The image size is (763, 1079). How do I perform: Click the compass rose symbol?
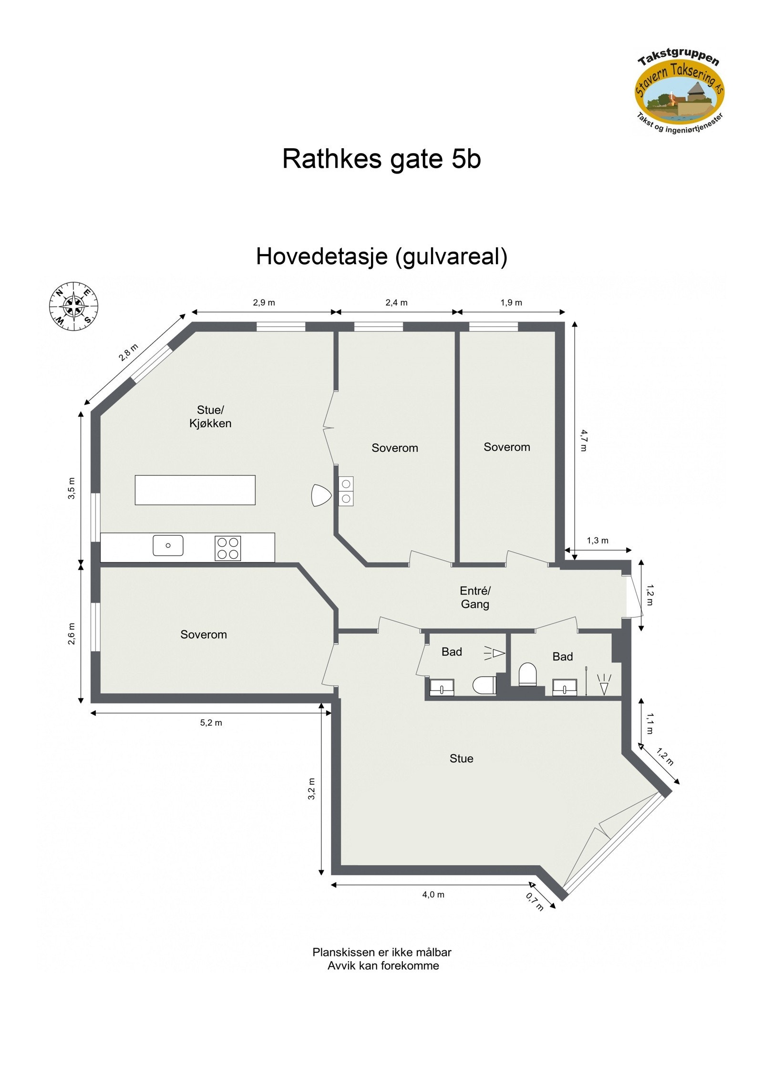pos(74,306)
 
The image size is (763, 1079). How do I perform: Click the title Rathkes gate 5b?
pos(381,159)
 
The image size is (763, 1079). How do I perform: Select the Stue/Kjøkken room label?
pos(210,416)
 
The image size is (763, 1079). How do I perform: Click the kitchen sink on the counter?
pos(168,545)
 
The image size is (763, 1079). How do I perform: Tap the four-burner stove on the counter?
pos(227,548)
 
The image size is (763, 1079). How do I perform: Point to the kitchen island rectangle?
pos(195,490)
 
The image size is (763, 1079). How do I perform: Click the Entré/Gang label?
pos(475,597)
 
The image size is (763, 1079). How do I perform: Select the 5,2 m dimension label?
pos(211,723)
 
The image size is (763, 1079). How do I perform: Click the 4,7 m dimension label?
pos(584,440)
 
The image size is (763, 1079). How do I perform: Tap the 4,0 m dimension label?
pos(433,895)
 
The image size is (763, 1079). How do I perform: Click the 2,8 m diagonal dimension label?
pos(128,353)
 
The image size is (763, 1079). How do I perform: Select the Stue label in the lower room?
pos(461,759)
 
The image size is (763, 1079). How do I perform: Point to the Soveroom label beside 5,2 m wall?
pos(204,635)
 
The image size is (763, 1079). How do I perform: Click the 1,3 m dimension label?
pos(598,541)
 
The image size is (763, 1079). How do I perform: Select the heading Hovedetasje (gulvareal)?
pos(381,257)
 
